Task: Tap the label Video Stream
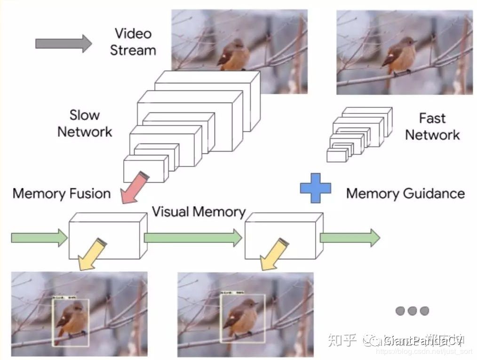click(x=133, y=42)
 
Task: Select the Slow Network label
click(x=85, y=123)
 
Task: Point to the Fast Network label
click(x=432, y=127)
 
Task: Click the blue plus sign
click(x=316, y=188)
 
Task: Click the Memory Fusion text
click(x=62, y=193)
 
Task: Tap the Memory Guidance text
click(x=405, y=193)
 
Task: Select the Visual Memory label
click(x=199, y=212)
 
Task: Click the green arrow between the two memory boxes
click(x=193, y=238)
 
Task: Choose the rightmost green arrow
click(x=350, y=238)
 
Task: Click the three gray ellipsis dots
click(x=413, y=311)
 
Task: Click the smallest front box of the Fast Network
click(x=337, y=156)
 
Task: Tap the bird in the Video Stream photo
click(x=234, y=55)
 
